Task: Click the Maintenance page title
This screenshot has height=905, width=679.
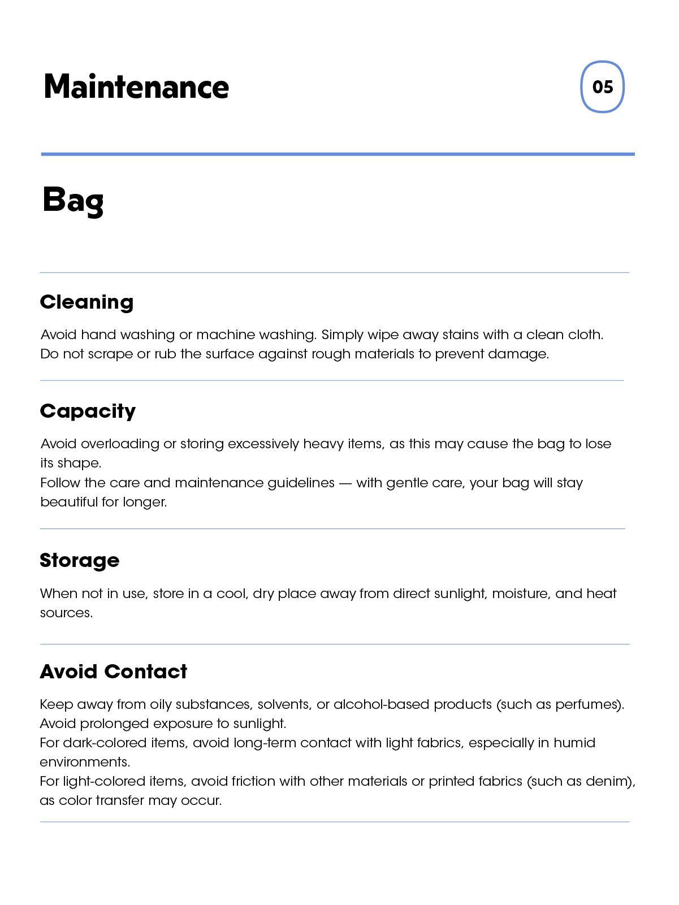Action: (x=136, y=87)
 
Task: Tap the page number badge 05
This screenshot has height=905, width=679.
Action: (x=602, y=87)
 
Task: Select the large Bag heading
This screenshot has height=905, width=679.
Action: (x=73, y=201)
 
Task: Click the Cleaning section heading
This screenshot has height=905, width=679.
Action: (x=87, y=302)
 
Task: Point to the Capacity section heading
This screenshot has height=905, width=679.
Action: (x=88, y=411)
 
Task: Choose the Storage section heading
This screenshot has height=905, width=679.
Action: (x=80, y=560)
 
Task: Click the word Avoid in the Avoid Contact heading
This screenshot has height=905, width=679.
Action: (x=68, y=672)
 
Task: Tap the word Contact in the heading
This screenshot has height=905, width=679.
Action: (x=145, y=672)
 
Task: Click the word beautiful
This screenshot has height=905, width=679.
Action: (x=69, y=502)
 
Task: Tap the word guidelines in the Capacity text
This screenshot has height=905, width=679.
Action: (x=301, y=483)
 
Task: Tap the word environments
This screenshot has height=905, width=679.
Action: (x=84, y=762)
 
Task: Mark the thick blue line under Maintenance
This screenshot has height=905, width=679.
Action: (x=338, y=154)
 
